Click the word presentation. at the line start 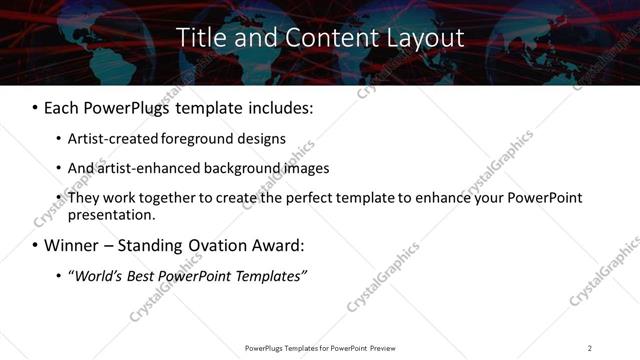point(111,214)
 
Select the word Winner point(72,245)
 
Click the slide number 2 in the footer point(590,348)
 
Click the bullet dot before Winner point(35,246)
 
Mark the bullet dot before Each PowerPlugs point(35,106)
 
